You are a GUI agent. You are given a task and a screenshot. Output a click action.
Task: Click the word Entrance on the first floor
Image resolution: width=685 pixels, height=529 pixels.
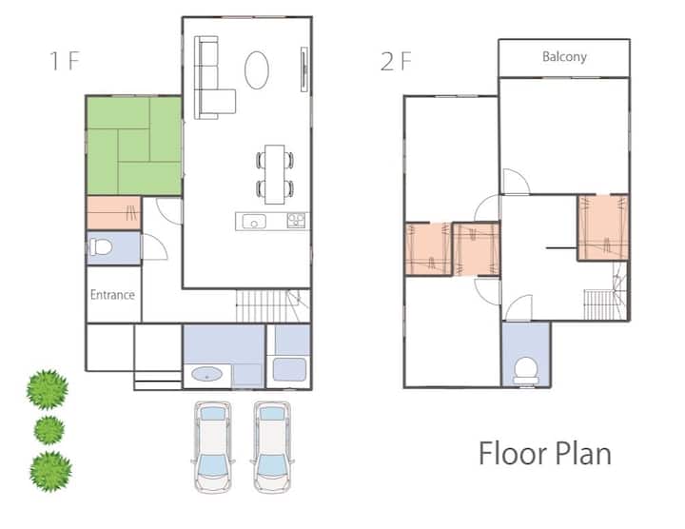pos(112,295)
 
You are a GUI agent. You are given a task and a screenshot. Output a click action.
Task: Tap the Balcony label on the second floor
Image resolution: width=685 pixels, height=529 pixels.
pos(564,57)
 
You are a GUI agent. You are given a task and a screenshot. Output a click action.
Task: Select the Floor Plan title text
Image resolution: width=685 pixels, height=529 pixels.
pos(545,454)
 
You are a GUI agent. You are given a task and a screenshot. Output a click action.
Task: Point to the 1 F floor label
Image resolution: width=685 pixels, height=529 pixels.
pos(65,61)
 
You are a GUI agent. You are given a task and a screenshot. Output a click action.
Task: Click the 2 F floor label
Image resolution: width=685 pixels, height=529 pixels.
pos(396,61)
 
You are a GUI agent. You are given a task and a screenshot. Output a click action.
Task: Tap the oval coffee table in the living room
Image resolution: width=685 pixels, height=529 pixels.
pos(257,69)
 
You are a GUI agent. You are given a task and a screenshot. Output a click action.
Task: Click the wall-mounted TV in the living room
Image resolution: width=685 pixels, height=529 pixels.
pos(304,69)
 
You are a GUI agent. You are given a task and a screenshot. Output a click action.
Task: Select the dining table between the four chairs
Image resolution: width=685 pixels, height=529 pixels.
pos(275,174)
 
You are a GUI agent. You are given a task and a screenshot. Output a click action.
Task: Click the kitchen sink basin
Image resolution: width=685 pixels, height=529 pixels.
pos(254,221)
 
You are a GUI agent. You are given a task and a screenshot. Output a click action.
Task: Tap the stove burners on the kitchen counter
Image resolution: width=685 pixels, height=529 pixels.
pos(296,220)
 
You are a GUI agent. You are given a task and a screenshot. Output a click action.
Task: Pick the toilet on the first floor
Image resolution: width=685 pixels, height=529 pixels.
pos(101,247)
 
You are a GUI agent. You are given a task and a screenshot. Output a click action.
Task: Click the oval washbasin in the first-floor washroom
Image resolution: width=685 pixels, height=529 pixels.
pos(207,374)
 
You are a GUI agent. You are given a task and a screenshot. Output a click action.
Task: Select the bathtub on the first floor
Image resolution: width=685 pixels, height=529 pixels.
pos(289,369)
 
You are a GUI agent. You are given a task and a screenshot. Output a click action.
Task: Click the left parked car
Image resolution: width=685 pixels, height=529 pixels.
pos(213,447)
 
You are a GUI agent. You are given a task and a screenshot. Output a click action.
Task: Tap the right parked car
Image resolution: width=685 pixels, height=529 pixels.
pos(272,447)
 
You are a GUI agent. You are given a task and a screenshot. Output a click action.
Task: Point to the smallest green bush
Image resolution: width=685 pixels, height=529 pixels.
pos(49,430)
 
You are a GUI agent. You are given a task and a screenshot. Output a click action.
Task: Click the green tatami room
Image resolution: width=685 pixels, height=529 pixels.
pos(134,146)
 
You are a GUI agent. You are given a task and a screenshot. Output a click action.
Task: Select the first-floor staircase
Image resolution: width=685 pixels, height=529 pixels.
pos(273,305)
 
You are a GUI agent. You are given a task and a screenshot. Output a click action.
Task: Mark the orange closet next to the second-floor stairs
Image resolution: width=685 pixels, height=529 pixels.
pos(603,227)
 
